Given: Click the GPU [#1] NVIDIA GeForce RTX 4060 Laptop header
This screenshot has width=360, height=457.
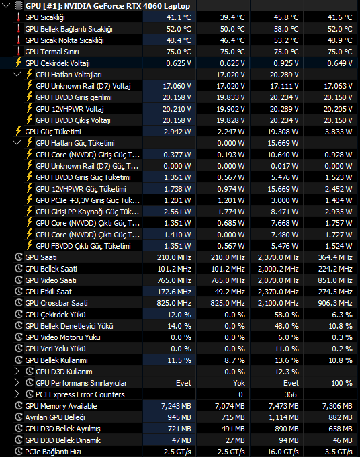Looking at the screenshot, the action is (107, 6).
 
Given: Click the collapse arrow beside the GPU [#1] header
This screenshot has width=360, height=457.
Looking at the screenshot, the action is (6, 5).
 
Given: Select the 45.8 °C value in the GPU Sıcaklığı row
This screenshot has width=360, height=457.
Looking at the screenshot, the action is (286, 17).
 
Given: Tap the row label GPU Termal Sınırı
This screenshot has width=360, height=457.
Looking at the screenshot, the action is (52, 52).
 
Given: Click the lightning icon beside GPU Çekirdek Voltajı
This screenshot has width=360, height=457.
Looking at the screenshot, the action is (19, 63).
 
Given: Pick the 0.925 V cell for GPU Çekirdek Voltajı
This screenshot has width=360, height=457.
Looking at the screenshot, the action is (286, 63).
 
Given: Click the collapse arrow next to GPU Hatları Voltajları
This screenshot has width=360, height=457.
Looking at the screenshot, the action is (17, 74).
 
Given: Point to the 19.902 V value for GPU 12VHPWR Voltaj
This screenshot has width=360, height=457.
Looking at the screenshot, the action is (232, 109).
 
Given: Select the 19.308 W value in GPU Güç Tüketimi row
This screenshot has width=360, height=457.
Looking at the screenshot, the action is (283, 132).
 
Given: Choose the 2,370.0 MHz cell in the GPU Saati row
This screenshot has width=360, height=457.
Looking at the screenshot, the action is (278, 257).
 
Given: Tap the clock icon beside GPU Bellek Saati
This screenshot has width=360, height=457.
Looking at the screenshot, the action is (19, 268).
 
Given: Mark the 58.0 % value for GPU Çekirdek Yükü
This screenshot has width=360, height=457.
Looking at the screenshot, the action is (287, 315).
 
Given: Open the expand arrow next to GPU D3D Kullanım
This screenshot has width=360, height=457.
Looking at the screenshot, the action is (17, 371).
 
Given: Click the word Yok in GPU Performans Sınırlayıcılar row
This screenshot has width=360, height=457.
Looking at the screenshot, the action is (239, 383).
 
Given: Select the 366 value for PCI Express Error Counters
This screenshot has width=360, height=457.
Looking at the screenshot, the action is (290, 394).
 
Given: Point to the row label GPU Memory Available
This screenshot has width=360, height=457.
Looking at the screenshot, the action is (61, 406).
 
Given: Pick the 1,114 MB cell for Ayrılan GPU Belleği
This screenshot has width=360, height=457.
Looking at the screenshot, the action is (283, 417).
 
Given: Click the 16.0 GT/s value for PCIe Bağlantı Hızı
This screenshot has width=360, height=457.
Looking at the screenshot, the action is (283, 452).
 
